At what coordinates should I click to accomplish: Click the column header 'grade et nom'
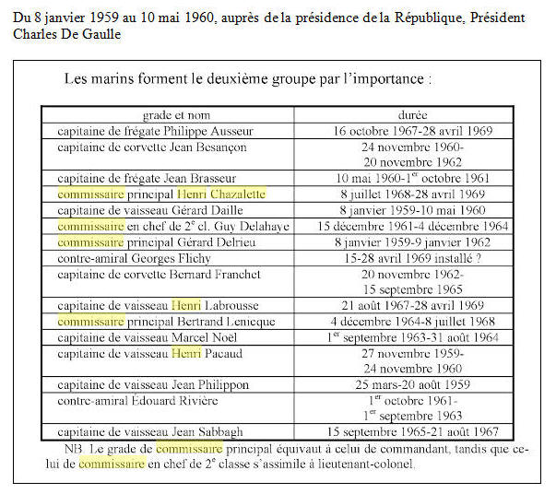166,116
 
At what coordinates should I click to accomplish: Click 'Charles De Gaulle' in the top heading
66,34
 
